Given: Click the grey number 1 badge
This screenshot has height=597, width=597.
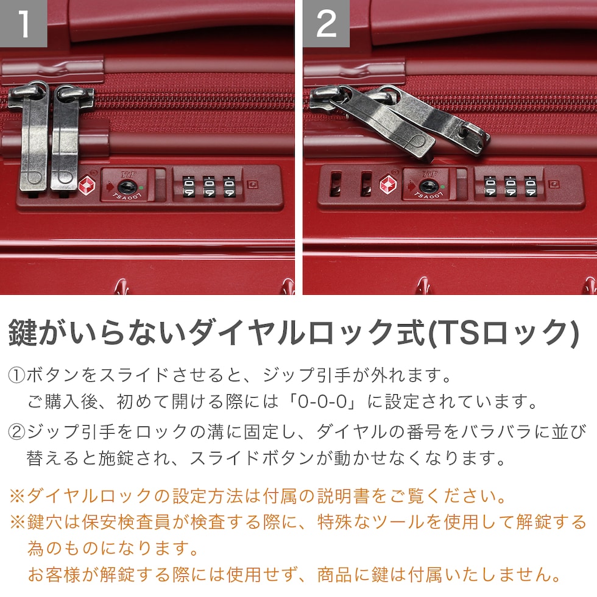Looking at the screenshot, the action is point(24,24).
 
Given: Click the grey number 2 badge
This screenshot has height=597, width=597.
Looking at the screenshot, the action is point(327,24).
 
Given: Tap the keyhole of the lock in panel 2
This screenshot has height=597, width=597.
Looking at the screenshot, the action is point(426,187).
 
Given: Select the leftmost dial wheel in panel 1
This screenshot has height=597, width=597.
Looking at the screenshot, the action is point(188,186).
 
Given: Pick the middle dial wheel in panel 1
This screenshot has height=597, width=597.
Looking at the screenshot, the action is point(208,186).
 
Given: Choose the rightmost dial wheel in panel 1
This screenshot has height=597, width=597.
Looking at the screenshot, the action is point(229,186).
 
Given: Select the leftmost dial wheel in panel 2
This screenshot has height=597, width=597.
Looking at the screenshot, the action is point(490,186).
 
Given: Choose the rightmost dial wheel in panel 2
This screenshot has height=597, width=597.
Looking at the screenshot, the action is point(531,186).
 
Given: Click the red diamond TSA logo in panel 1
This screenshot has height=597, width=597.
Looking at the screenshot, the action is point(87,185).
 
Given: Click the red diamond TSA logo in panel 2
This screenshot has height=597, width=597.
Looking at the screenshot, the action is point(389,184).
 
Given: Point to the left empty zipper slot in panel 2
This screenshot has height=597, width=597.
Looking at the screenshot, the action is point(336,184).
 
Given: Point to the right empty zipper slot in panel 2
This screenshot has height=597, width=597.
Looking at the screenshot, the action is point(366,184).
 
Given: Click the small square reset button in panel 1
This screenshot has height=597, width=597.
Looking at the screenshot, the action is point(252,185).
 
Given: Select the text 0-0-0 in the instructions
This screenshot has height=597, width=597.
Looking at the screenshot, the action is point(322,401).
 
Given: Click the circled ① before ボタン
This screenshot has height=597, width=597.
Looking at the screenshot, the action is point(16,375).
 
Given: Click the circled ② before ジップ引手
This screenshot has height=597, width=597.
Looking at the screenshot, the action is point(16,432).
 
